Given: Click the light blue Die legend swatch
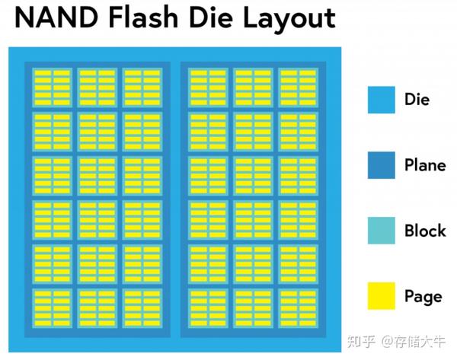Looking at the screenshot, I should (x=381, y=100).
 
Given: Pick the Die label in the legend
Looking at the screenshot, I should (x=417, y=100).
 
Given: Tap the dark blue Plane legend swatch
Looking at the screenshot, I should (x=381, y=165).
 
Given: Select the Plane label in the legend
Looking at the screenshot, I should (x=425, y=165).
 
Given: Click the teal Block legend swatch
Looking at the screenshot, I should (x=381, y=231).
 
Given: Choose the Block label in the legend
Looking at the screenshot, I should (x=425, y=231).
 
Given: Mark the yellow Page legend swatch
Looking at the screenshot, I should (x=381, y=295).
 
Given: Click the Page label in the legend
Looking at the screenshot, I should (x=423, y=295).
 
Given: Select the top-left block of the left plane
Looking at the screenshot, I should (x=52, y=88).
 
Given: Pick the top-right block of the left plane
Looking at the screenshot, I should (x=142, y=88).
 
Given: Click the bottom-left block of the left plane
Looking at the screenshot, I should (x=52, y=307).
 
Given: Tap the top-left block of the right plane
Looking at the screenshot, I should (x=208, y=88).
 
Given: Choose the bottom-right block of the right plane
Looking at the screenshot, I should (x=298, y=307).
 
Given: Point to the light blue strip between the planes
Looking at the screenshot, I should (x=175, y=198).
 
